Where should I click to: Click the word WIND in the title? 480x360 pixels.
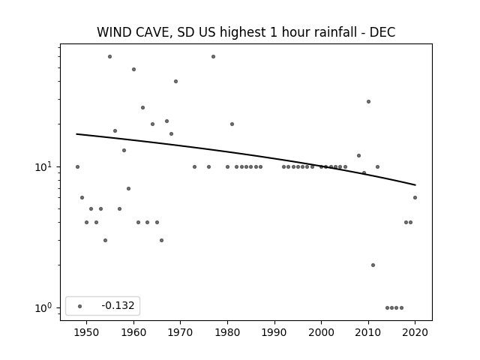(x=114, y=32)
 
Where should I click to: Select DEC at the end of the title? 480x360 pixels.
(x=382, y=32)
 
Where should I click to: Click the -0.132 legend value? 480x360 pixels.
(x=118, y=305)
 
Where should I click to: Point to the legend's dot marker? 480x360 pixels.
(x=80, y=306)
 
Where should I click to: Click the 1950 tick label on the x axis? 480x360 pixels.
(x=87, y=332)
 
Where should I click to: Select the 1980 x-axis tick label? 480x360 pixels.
(x=227, y=332)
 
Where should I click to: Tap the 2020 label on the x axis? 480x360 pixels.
(x=415, y=332)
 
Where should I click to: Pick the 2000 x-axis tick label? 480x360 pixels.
(x=322, y=332)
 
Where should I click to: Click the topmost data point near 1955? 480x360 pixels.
(x=110, y=57)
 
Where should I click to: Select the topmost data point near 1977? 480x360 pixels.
(x=213, y=57)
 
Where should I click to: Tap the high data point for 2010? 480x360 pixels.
(x=368, y=102)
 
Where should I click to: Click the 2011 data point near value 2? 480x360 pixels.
(x=373, y=265)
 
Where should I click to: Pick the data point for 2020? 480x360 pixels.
(x=415, y=198)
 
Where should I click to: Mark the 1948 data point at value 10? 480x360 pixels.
(x=77, y=166)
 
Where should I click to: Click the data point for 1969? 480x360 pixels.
(x=175, y=82)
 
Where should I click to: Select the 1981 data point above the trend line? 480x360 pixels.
(x=232, y=124)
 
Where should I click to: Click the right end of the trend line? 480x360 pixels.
(x=415, y=185)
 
